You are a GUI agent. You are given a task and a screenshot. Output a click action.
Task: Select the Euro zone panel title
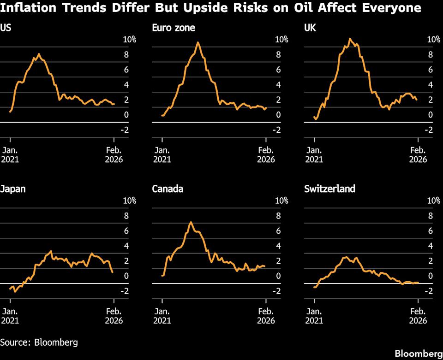174,28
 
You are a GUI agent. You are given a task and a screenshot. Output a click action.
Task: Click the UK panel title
310,28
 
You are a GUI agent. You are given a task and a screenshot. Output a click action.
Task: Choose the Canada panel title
168,189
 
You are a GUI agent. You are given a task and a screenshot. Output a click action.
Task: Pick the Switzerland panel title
329,189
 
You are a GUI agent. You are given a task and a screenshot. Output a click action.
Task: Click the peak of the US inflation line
39,54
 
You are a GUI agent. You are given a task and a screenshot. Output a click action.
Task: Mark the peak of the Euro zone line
198,42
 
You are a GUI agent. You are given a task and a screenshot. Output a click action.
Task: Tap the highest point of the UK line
350,39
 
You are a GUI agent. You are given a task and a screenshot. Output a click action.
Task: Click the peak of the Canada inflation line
191,222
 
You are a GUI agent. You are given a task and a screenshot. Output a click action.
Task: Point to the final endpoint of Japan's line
113,272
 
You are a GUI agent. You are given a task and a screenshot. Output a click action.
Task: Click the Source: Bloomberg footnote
39,342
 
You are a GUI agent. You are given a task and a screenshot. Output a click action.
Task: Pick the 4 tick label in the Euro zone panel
278,85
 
